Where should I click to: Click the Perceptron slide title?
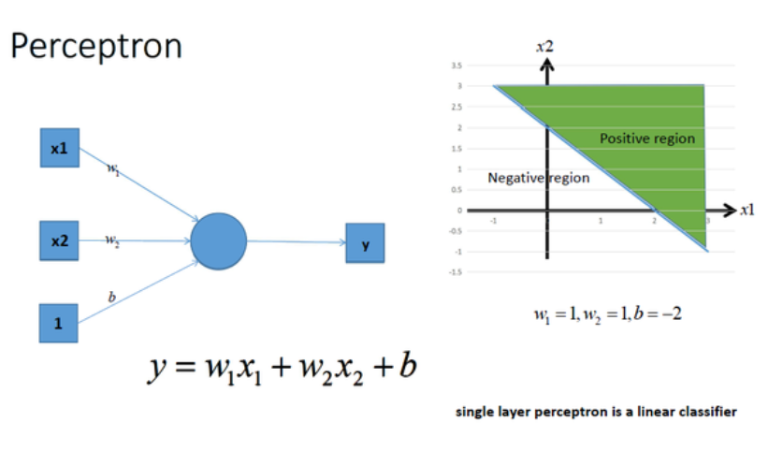tap(95, 46)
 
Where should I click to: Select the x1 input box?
tap(59, 149)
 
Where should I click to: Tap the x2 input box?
tap(59, 240)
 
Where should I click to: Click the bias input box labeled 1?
tap(58, 323)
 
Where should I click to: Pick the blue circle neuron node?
tap(219, 241)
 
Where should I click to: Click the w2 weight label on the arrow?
tap(112, 241)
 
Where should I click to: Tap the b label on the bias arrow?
tap(112, 296)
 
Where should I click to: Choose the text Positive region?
tap(647, 138)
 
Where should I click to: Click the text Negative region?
tap(539, 178)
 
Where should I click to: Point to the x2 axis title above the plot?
tap(544, 45)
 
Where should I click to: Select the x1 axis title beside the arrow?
tap(747, 210)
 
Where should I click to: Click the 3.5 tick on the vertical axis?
tap(456, 66)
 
